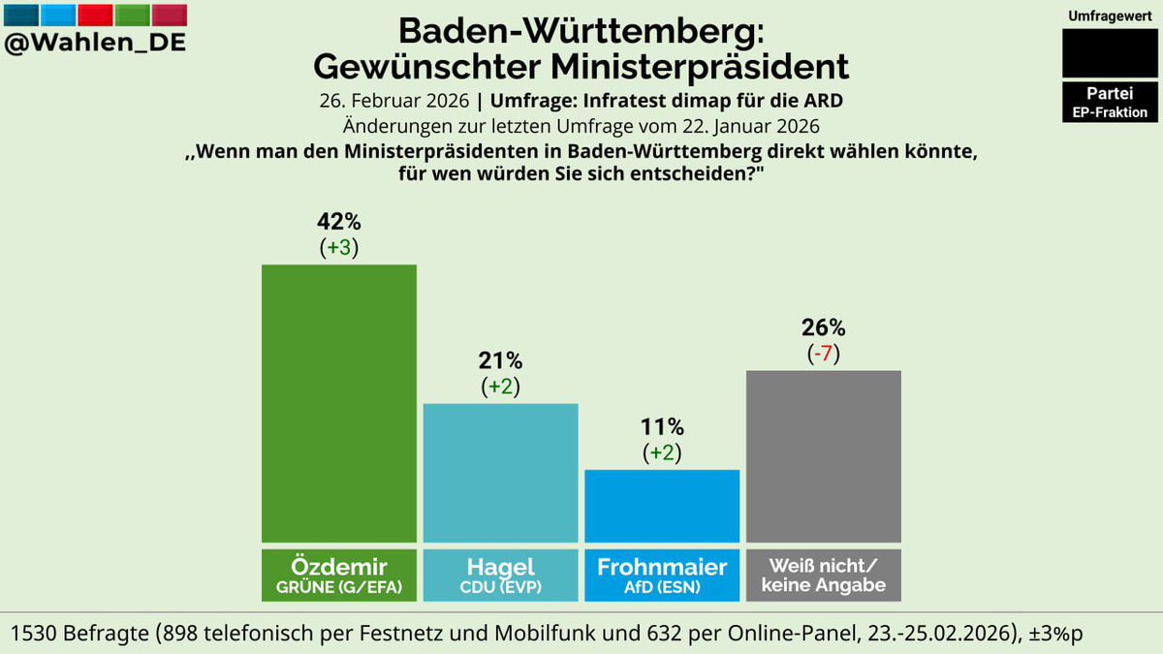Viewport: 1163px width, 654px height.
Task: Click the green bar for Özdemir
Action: pyautogui.click(x=339, y=402)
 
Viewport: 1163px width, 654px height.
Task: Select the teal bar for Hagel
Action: pyautogui.click(x=501, y=472)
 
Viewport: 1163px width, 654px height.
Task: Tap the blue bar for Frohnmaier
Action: pyautogui.click(x=662, y=505)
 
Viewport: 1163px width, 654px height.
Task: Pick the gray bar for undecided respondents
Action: pyautogui.click(x=824, y=455)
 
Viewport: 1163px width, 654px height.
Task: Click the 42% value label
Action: pyautogui.click(x=339, y=222)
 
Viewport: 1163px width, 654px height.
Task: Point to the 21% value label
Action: pyautogui.click(x=501, y=361)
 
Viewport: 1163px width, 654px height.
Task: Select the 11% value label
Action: pyautogui.click(x=662, y=427)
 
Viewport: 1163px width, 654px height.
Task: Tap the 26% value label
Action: pyautogui.click(x=824, y=328)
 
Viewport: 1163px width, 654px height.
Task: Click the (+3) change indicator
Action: pyautogui.click(x=339, y=247)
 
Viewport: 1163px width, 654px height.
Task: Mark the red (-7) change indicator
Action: pyautogui.click(x=824, y=354)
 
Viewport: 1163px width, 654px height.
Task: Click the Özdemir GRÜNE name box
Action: pyautogui.click(x=339, y=574)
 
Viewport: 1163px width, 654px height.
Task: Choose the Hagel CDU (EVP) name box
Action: pyautogui.click(x=501, y=574)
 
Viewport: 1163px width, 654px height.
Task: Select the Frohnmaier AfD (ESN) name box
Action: pyautogui.click(x=662, y=574)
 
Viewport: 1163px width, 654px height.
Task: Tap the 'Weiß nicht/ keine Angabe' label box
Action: pyautogui.click(x=824, y=574)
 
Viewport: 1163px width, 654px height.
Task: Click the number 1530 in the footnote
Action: pyautogui.click(x=37, y=633)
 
